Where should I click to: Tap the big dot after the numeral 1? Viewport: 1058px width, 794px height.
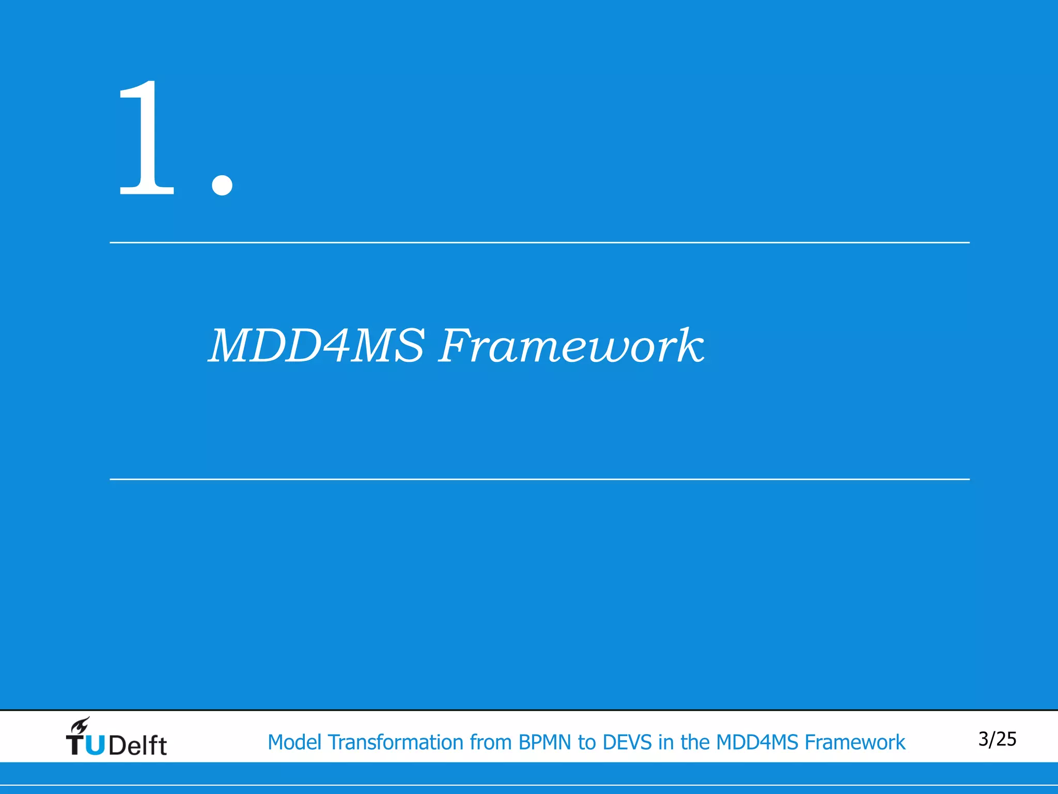tap(222, 184)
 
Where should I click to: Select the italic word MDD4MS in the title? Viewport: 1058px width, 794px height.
tap(316, 346)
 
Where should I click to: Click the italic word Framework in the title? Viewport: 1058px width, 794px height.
tap(571, 346)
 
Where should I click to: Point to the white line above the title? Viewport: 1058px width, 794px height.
tap(539, 242)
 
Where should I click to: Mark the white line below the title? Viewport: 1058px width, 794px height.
tap(539, 479)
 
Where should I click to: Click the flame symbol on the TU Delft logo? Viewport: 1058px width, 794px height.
tap(80, 725)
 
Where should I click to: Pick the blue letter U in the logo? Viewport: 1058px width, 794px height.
tap(95, 745)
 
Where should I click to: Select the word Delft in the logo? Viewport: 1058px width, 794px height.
tap(138, 745)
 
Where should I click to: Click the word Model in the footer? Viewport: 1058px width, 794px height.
tap(294, 742)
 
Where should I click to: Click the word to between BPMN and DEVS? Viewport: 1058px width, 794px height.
tap(587, 742)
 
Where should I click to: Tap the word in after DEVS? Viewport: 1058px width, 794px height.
tap(666, 742)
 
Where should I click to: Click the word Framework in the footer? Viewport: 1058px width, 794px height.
tap(855, 742)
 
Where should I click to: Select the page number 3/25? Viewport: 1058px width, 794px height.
tap(997, 739)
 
